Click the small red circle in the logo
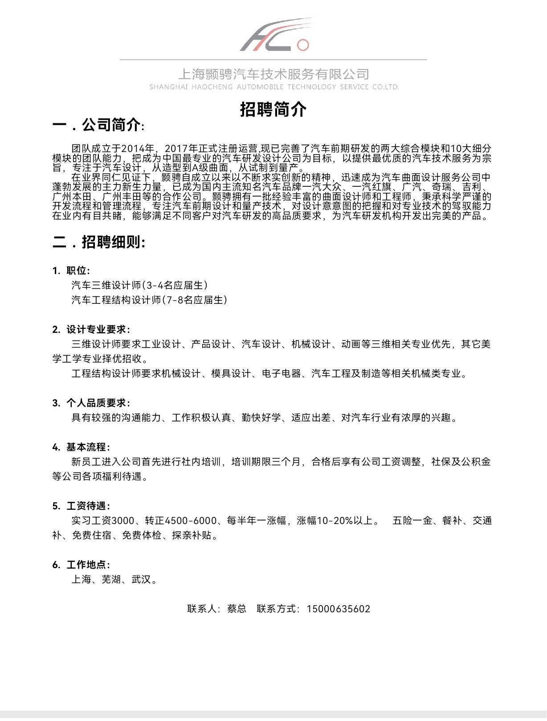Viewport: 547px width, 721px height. point(303,45)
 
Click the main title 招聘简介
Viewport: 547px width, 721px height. point(273,109)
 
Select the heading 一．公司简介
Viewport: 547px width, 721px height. point(98,125)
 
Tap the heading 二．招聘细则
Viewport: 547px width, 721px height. point(99,242)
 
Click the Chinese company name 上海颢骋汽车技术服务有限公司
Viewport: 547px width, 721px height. point(273,74)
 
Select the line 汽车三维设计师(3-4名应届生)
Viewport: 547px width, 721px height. point(139,285)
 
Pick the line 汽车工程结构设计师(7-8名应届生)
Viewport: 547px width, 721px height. point(149,300)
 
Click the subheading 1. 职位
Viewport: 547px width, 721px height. point(71,270)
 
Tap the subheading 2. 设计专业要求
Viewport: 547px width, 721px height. point(91,329)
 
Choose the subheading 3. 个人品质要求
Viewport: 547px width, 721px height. point(91,403)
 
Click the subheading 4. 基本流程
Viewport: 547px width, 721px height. point(81,447)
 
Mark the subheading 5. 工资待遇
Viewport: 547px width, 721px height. point(81,506)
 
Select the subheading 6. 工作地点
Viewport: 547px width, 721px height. point(81,565)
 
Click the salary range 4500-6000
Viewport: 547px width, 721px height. point(191,520)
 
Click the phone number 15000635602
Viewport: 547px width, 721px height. point(338,609)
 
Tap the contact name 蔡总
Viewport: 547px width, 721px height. point(237,609)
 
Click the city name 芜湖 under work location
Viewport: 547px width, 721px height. point(111,579)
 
